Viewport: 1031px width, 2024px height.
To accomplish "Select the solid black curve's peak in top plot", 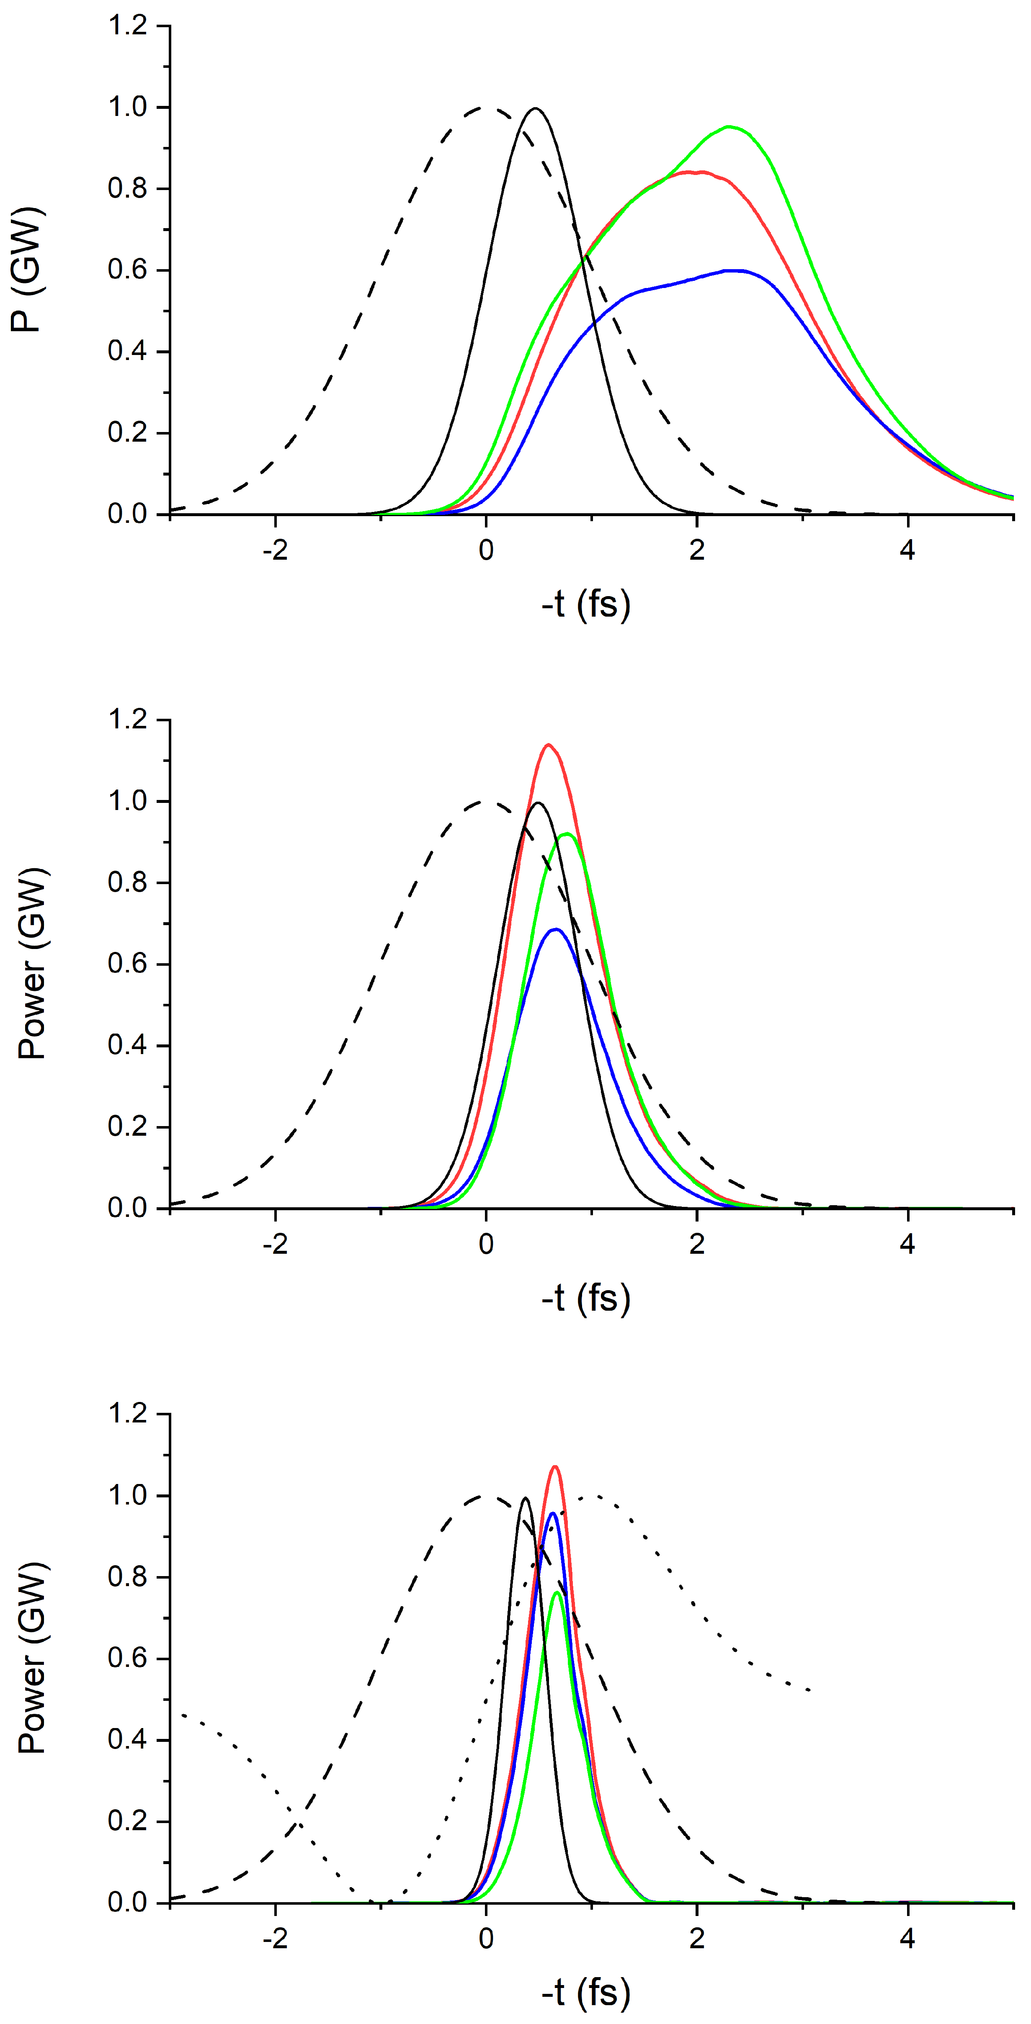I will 536,108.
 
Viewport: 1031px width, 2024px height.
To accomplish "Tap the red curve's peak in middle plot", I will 549,744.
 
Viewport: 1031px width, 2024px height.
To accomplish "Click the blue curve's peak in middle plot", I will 557,929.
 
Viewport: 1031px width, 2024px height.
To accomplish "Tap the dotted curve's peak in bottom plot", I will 593,1495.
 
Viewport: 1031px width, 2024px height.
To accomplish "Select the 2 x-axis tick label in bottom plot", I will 697,1938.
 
